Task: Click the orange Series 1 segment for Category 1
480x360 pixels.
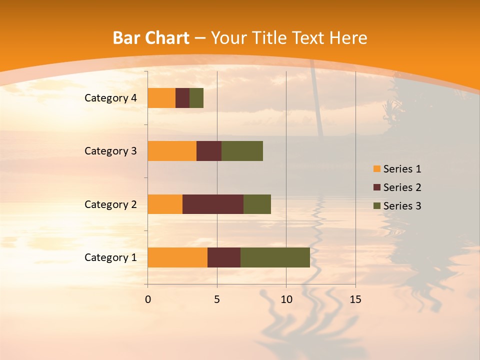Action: pos(177,257)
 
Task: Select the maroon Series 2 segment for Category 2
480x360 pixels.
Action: pos(213,204)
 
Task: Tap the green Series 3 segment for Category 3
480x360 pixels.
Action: pos(242,151)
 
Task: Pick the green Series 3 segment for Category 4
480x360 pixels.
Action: pos(196,98)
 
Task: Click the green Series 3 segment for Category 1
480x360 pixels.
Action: pos(275,257)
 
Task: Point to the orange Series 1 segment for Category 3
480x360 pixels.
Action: pos(172,151)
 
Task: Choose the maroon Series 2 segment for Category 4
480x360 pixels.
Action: pos(182,98)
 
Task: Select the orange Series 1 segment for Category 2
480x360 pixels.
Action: pos(165,204)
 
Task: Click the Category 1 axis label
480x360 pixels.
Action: pos(110,257)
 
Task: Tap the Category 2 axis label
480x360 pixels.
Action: pos(110,204)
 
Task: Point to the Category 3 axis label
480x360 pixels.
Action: pos(110,151)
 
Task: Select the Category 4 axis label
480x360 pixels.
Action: pos(110,98)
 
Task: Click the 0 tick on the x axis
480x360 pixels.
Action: pos(148,300)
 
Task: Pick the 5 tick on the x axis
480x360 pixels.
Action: pos(217,300)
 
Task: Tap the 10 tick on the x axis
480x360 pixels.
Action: pos(286,300)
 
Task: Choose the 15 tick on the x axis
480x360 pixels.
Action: pos(355,300)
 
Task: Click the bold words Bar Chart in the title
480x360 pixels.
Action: pos(151,38)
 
